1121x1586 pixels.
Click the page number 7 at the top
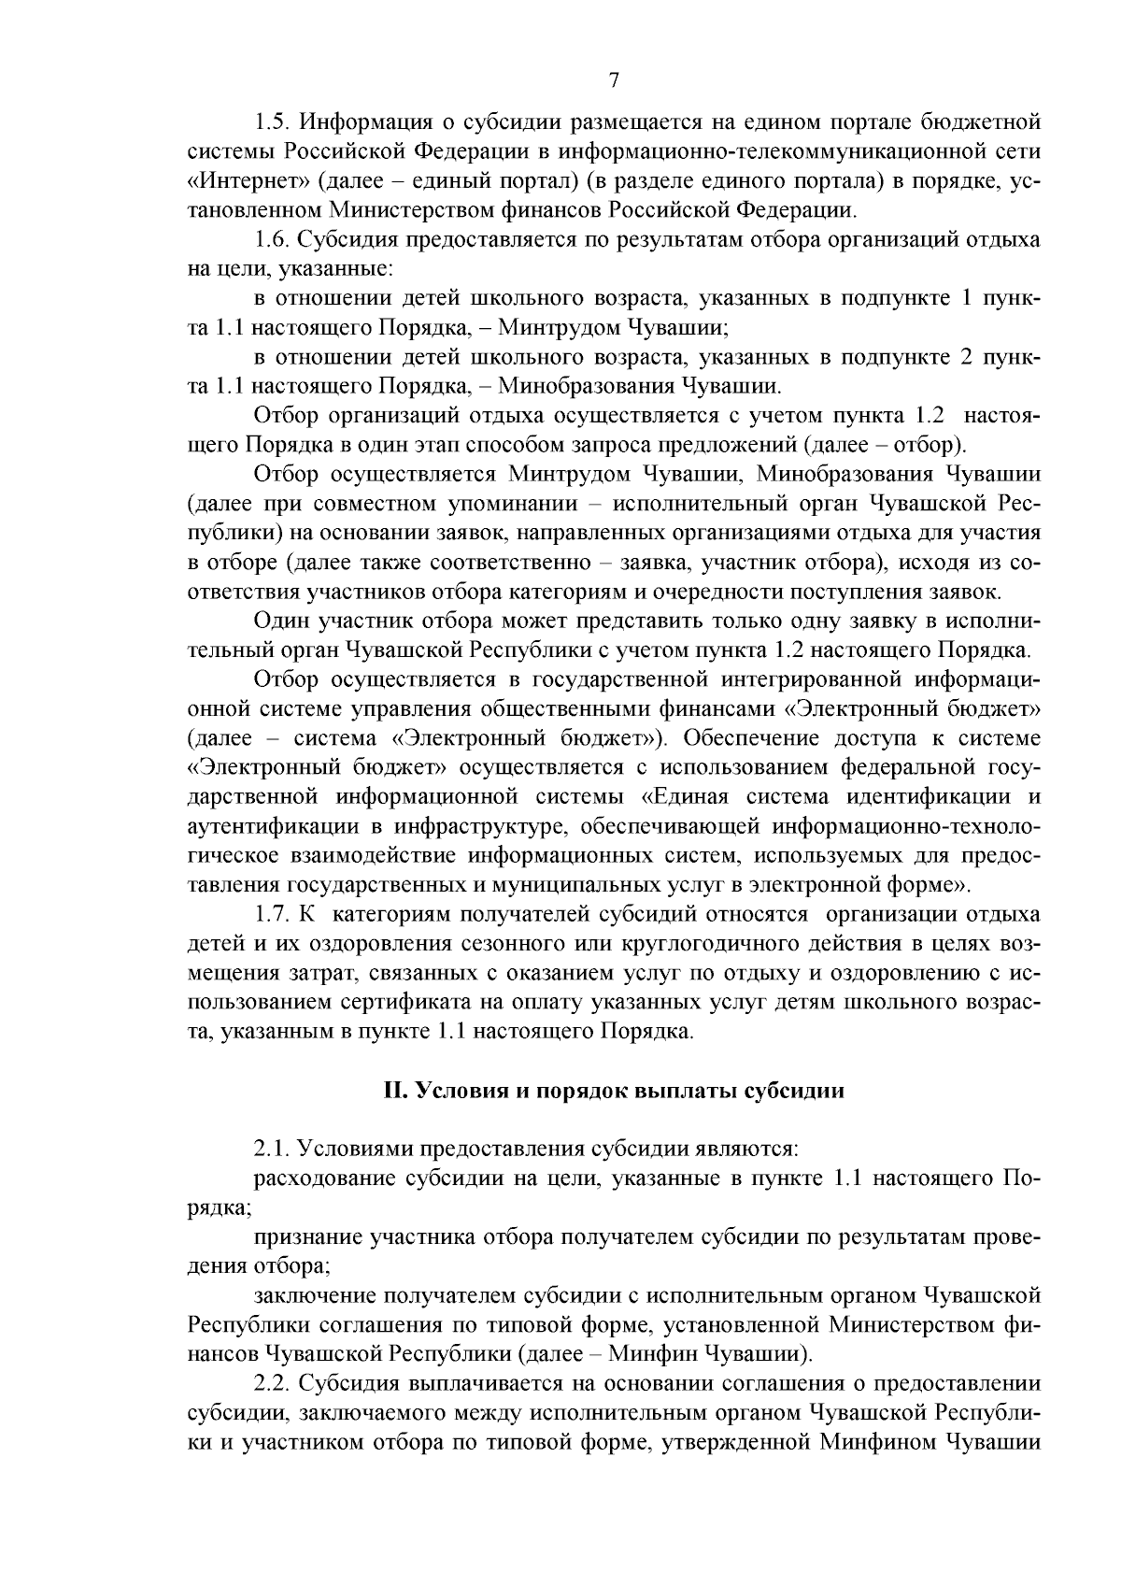pyautogui.click(x=614, y=80)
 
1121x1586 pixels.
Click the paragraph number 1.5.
pyautogui.click(x=271, y=122)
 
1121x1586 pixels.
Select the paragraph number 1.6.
pyautogui.click(x=271, y=240)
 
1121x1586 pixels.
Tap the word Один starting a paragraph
pyautogui.click(x=283, y=621)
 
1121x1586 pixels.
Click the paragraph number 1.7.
pyautogui.click(x=271, y=914)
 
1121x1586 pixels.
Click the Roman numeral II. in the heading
pyautogui.click(x=396, y=1092)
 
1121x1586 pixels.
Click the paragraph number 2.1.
pyautogui.click(x=271, y=1148)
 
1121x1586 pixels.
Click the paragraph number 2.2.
pyautogui.click(x=271, y=1383)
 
